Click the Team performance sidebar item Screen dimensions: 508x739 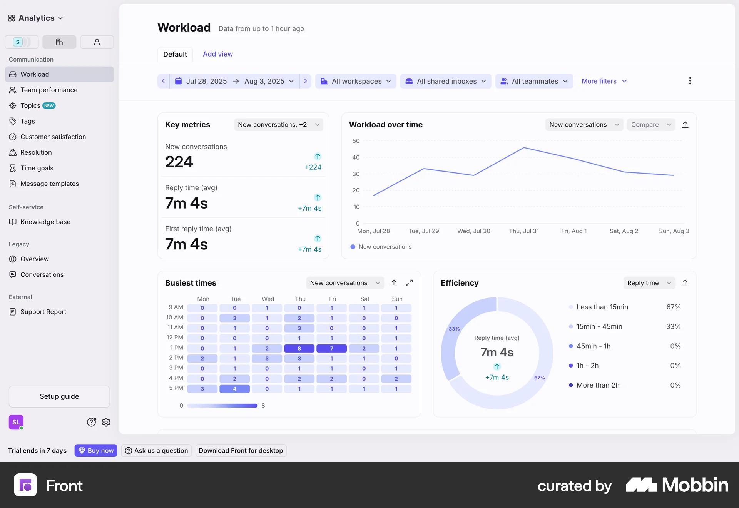[x=49, y=90]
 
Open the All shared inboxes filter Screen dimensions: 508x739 [x=446, y=81]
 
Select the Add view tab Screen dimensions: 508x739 [x=218, y=54]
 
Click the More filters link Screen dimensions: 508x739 [x=604, y=81]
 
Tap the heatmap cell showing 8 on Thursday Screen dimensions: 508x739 [x=299, y=349]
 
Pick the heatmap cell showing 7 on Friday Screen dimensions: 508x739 [x=331, y=349]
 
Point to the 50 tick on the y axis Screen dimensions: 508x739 [x=356, y=141]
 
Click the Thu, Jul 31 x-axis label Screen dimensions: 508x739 [x=524, y=231]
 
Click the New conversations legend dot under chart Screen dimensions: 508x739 [x=353, y=247]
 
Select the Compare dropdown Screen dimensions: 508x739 [x=651, y=125]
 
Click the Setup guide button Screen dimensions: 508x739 [x=59, y=397]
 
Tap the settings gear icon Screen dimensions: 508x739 [x=106, y=423]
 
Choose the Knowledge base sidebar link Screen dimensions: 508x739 [x=45, y=222]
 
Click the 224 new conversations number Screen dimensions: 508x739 [x=179, y=162]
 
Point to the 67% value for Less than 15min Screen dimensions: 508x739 [x=673, y=307]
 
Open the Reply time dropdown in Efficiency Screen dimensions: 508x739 [x=649, y=283]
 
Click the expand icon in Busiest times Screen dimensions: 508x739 [x=410, y=283]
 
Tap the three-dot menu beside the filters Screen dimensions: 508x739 [x=690, y=81]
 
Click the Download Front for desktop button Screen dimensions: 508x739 [x=241, y=451]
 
